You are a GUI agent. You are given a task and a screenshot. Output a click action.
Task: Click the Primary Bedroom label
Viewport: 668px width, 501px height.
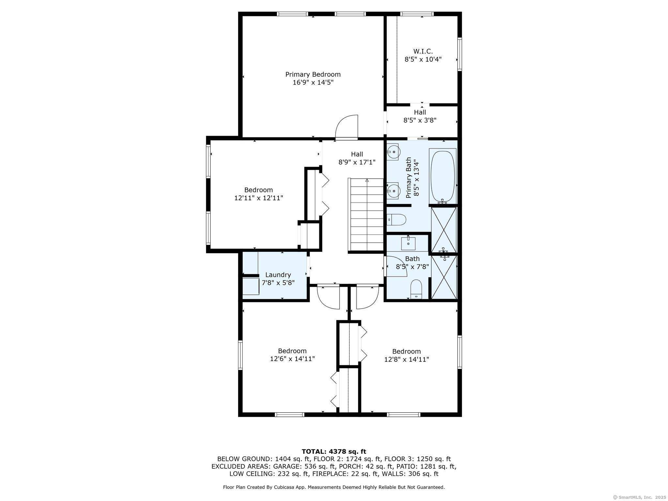click(313, 74)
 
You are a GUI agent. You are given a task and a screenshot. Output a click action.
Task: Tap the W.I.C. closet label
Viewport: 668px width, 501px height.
click(423, 51)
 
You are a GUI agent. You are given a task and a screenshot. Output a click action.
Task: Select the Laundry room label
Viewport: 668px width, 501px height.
click(278, 275)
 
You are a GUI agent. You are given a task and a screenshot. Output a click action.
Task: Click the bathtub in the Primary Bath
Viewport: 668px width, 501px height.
click(443, 176)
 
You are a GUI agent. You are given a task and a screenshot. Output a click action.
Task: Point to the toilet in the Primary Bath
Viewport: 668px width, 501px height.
click(396, 220)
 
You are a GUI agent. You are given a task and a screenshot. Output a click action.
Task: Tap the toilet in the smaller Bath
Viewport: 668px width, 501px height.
click(416, 289)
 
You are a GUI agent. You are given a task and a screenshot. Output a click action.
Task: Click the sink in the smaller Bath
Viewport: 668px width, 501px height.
click(408, 243)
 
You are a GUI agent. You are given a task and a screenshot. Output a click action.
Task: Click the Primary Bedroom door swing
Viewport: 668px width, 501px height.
click(347, 127)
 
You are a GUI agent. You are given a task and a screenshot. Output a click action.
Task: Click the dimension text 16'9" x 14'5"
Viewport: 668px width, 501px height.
click(313, 83)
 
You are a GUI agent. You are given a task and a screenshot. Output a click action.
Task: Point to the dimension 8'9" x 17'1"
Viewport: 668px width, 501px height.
click(357, 162)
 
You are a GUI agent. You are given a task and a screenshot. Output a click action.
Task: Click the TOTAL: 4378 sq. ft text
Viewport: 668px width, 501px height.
click(334, 451)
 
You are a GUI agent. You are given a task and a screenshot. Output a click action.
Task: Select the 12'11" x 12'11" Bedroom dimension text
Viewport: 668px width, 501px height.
click(259, 198)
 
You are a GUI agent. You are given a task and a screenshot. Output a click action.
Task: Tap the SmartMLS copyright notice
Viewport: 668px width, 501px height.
click(640, 497)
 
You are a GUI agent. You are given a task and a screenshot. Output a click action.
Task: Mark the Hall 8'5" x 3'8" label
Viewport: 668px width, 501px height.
click(420, 116)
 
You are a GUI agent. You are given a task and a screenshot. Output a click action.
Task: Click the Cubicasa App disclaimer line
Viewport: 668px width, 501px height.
click(334, 487)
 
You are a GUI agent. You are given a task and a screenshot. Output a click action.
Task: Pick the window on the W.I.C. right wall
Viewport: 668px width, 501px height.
click(460, 54)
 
